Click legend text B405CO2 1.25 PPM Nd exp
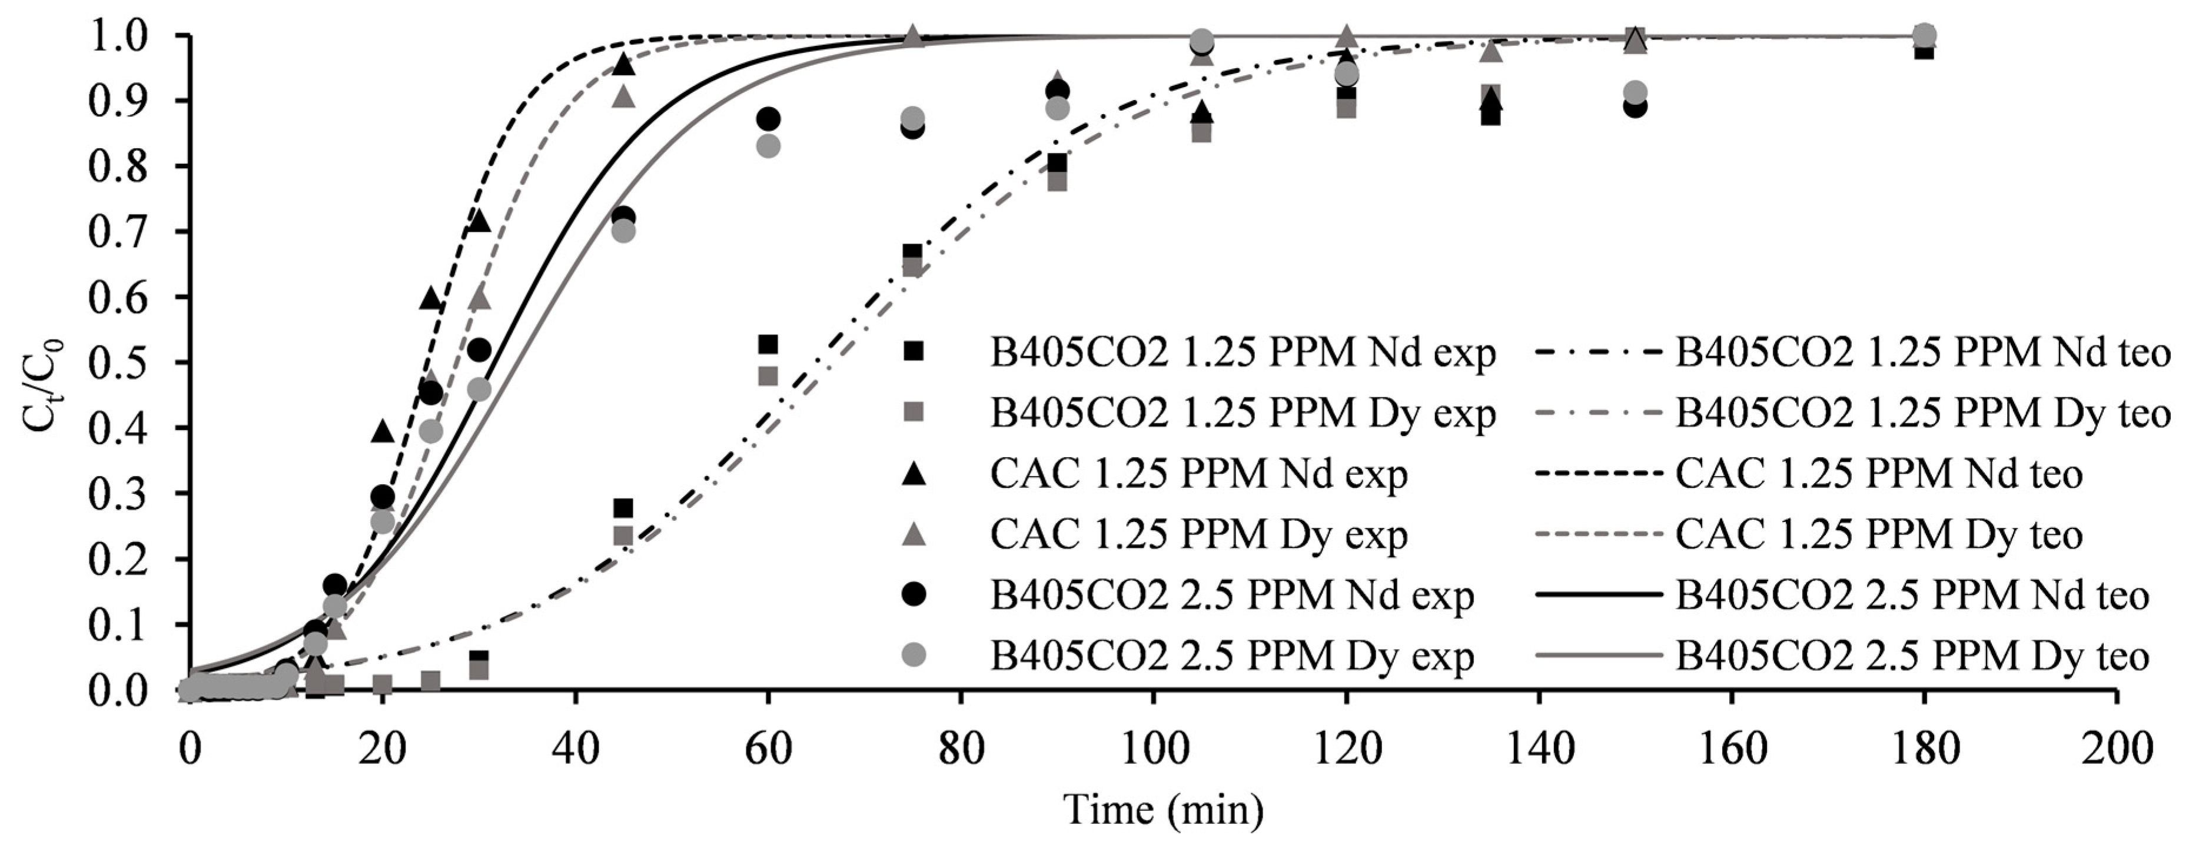pyautogui.click(x=1243, y=352)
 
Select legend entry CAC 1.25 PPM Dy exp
pyautogui.click(x=1198, y=534)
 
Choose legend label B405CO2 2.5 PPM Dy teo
pyautogui.click(x=1912, y=656)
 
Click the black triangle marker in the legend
pyautogui.click(x=914, y=473)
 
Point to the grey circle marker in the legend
pyautogui.click(x=914, y=655)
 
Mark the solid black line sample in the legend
pyautogui.click(x=1597, y=596)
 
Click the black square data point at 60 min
pyautogui.click(x=768, y=344)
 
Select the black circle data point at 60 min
pyautogui.click(x=768, y=118)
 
